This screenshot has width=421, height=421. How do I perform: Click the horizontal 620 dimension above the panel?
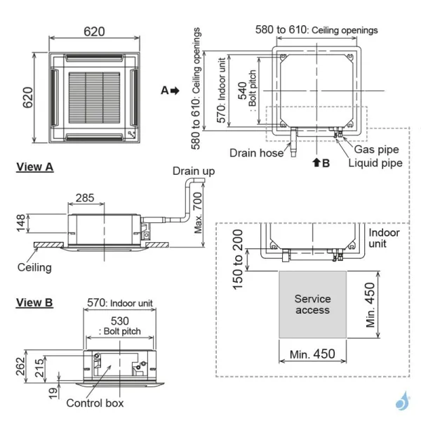pos(95,32)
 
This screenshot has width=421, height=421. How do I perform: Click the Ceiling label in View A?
pos(34,267)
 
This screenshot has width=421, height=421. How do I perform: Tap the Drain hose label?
pos(255,152)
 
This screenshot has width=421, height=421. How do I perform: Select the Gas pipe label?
pos(377,149)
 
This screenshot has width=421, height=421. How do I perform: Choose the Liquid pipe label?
pos(375,163)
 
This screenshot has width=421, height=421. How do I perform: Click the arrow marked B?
pos(321,162)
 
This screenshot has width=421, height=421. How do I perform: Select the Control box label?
pos(95,403)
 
